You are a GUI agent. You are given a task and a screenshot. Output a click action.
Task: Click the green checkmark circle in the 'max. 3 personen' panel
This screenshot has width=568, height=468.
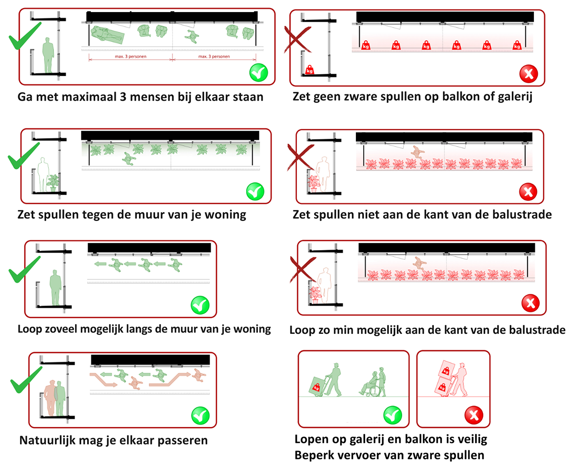pyautogui.click(x=259, y=74)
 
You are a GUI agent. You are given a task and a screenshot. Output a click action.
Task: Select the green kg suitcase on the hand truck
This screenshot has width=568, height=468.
pyautogui.click(x=316, y=386)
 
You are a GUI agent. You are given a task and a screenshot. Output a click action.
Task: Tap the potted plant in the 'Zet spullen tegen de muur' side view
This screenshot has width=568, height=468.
pyautogui.click(x=52, y=183)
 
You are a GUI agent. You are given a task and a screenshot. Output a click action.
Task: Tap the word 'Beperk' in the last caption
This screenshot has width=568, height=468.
pyautogui.click(x=313, y=455)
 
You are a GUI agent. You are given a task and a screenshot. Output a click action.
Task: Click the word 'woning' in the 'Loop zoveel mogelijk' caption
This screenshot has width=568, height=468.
pyautogui.click(x=252, y=330)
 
